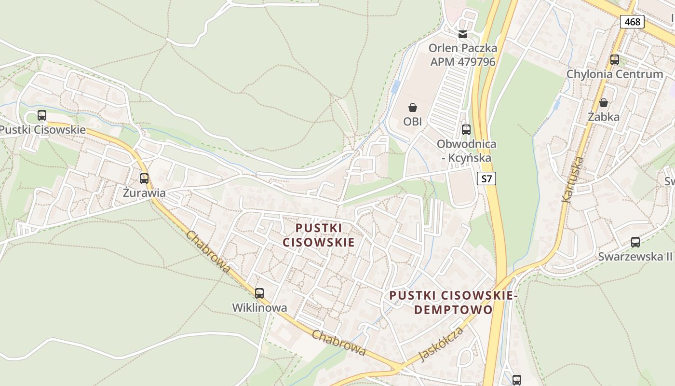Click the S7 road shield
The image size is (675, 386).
[487, 179]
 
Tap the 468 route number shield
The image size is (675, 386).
[632, 22]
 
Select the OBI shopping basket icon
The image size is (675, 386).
[413, 108]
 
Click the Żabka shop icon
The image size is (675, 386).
[604, 103]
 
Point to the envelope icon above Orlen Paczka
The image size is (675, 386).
[463, 34]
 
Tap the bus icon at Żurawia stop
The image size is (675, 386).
[144, 179]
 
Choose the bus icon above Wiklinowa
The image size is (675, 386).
[259, 293]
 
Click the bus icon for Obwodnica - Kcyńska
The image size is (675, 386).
[466, 129]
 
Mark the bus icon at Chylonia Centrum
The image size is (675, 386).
[615, 60]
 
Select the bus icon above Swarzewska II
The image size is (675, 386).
[635, 242]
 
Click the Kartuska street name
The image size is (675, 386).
[573, 179]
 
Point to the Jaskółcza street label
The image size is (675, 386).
[441, 344]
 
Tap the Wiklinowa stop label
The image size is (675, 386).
[259, 307]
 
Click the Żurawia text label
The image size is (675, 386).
[144, 193]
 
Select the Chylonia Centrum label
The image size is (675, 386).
[615, 74]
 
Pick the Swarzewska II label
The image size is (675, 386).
[635, 256]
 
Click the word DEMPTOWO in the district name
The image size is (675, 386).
[453, 309]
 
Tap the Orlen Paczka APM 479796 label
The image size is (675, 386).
[463, 55]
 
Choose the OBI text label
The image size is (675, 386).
[413, 122]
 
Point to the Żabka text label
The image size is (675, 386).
[604, 117]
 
